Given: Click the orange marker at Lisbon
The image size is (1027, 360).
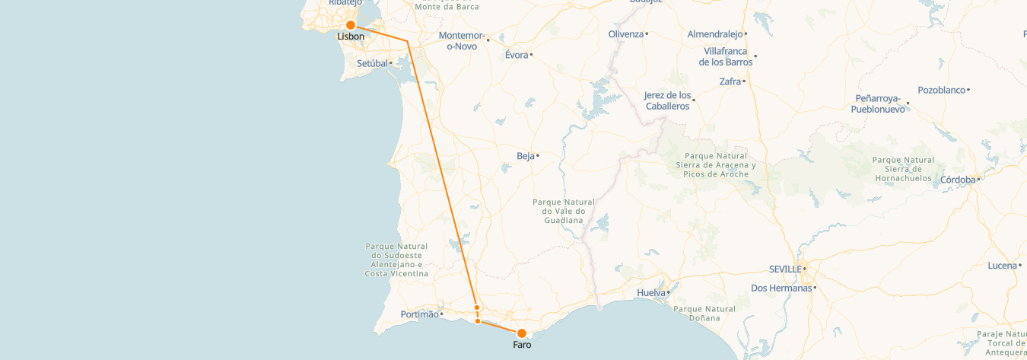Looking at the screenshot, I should (x=351, y=25).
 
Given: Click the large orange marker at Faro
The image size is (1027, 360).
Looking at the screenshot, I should (x=522, y=333).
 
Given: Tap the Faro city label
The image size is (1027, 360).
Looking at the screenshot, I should (x=522, y=346).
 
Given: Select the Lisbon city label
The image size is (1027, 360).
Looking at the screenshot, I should (x=351, y=37).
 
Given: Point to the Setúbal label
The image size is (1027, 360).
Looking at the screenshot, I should (x=373, y=63).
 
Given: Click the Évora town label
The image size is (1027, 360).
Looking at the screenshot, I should (x=516, y=55).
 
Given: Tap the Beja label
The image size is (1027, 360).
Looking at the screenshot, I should (x=525, y=156).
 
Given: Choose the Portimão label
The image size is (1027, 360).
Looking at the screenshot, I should (x=419, y=314).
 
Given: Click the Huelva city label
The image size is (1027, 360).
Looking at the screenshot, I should (x=650, y=292).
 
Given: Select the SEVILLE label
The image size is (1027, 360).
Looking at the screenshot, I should (x=785, y=269).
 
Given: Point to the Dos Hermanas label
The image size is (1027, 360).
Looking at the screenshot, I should (x=781, y=288).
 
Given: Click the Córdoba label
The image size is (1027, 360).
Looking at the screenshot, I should (x=958, y=180).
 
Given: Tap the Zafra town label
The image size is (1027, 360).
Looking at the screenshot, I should (x=730, y=81).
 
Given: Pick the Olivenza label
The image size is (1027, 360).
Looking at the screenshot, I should (x=625, y=34).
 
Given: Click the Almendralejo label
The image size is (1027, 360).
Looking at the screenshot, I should (x=714, y=34).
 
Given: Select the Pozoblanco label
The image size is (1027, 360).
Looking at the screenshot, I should (x=941, y=90).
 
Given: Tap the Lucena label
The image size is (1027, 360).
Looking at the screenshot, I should (x=1002, y=266).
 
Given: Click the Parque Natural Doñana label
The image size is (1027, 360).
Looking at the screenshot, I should (x=704, y=314).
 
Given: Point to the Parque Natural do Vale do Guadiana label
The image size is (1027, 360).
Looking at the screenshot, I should (x=564, y=211).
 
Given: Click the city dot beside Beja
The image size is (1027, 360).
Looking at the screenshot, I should (x=538, y=156).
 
